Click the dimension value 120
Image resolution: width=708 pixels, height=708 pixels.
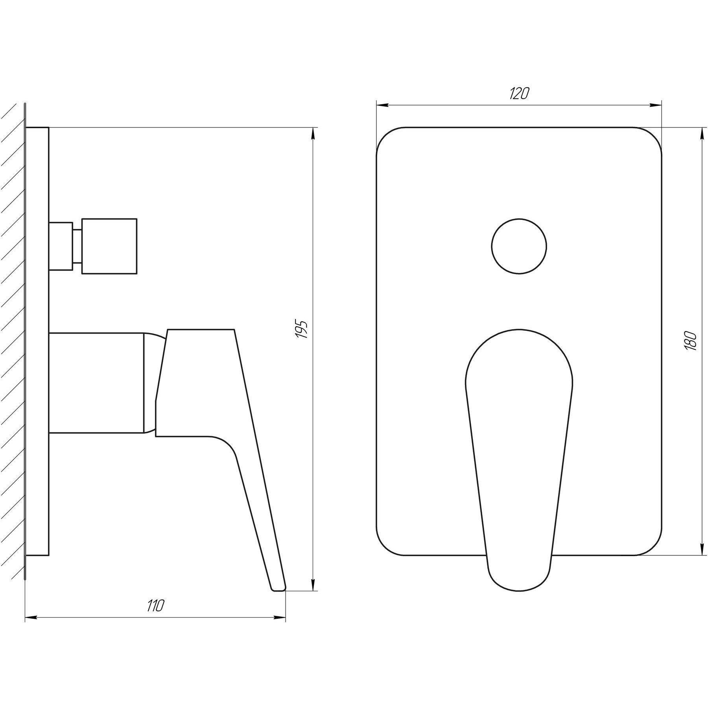click(x=519, y=93)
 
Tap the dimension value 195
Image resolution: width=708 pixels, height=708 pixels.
click(x=302, y=330)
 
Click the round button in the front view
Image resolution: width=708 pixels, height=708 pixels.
click(x=519, y=246)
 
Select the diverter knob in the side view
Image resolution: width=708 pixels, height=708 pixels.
click(x=109, y=246)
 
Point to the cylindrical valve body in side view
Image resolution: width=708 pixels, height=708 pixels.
click(x=97, y=383)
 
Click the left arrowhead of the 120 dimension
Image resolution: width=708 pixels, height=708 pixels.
click(x=383, y=105)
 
